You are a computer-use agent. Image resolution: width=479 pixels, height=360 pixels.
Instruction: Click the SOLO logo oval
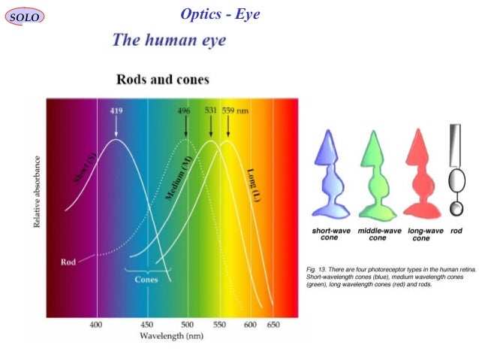click(24, 17)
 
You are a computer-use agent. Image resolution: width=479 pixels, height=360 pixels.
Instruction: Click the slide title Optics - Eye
click(220, 14)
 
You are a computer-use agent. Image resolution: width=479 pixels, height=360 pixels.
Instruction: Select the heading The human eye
click(168, 40)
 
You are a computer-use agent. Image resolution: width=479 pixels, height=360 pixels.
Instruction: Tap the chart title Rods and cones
click(162, 79)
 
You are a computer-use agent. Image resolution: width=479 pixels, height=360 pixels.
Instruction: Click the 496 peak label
click(184, 110)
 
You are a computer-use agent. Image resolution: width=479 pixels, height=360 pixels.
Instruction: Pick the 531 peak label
click(211, 110)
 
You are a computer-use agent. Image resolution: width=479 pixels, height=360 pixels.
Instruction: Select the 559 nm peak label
click(236, 110)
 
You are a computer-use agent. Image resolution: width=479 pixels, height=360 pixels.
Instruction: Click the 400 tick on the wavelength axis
click(96, 324)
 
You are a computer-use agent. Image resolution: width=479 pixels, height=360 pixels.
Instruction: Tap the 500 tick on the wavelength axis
click(187, 324)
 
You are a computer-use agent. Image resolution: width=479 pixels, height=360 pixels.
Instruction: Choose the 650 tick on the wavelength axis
click(273, 324)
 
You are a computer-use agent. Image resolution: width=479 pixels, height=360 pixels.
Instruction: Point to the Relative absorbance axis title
click(37, 192)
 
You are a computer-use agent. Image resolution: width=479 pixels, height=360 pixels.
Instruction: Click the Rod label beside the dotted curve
click(68, 262)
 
